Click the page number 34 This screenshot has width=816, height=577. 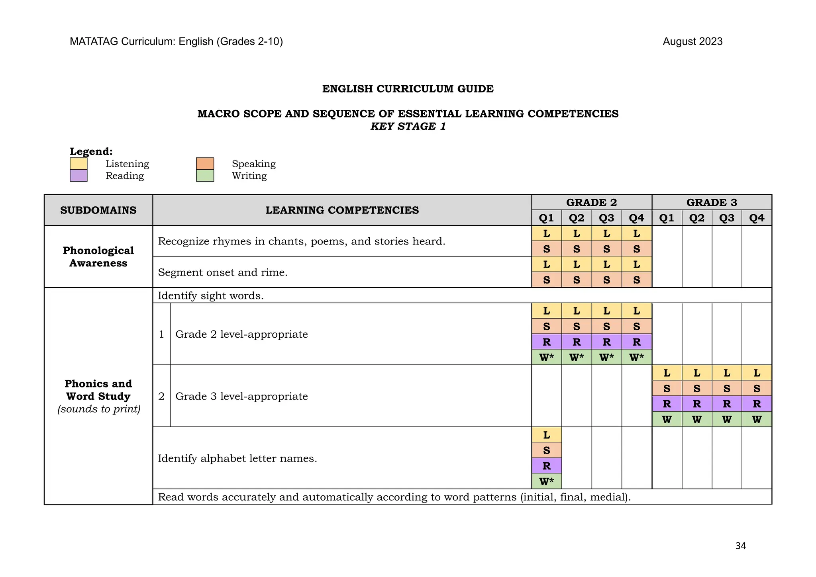pos(740,546)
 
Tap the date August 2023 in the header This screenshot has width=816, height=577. pos(692,41)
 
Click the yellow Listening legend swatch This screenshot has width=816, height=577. pos(78,164)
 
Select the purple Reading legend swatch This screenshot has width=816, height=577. pos(78,176)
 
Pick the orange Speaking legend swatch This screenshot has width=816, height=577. pos(205,164)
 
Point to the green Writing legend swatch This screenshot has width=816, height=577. pos(205,176)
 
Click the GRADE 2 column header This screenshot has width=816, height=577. pos(591,202)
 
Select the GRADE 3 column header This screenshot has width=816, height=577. pos(712,202)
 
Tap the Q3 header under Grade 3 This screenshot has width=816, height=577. pos(726,218)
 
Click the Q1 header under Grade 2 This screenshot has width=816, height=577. pos(546,218)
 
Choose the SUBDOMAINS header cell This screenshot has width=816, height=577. pos(98,210)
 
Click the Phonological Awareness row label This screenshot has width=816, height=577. pos(98,256)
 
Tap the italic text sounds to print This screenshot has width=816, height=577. pos(99,409)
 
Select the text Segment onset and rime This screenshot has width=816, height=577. pos(222,272)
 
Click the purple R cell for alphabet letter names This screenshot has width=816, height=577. pos(546,466)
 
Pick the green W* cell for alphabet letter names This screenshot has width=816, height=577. pos(546,481)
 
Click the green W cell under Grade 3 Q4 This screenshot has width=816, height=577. pos(756,419)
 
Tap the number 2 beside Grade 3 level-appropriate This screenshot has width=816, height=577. pos(161,396)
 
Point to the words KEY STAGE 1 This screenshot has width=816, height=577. pos(408,126)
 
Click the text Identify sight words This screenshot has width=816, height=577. pos(210,295)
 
